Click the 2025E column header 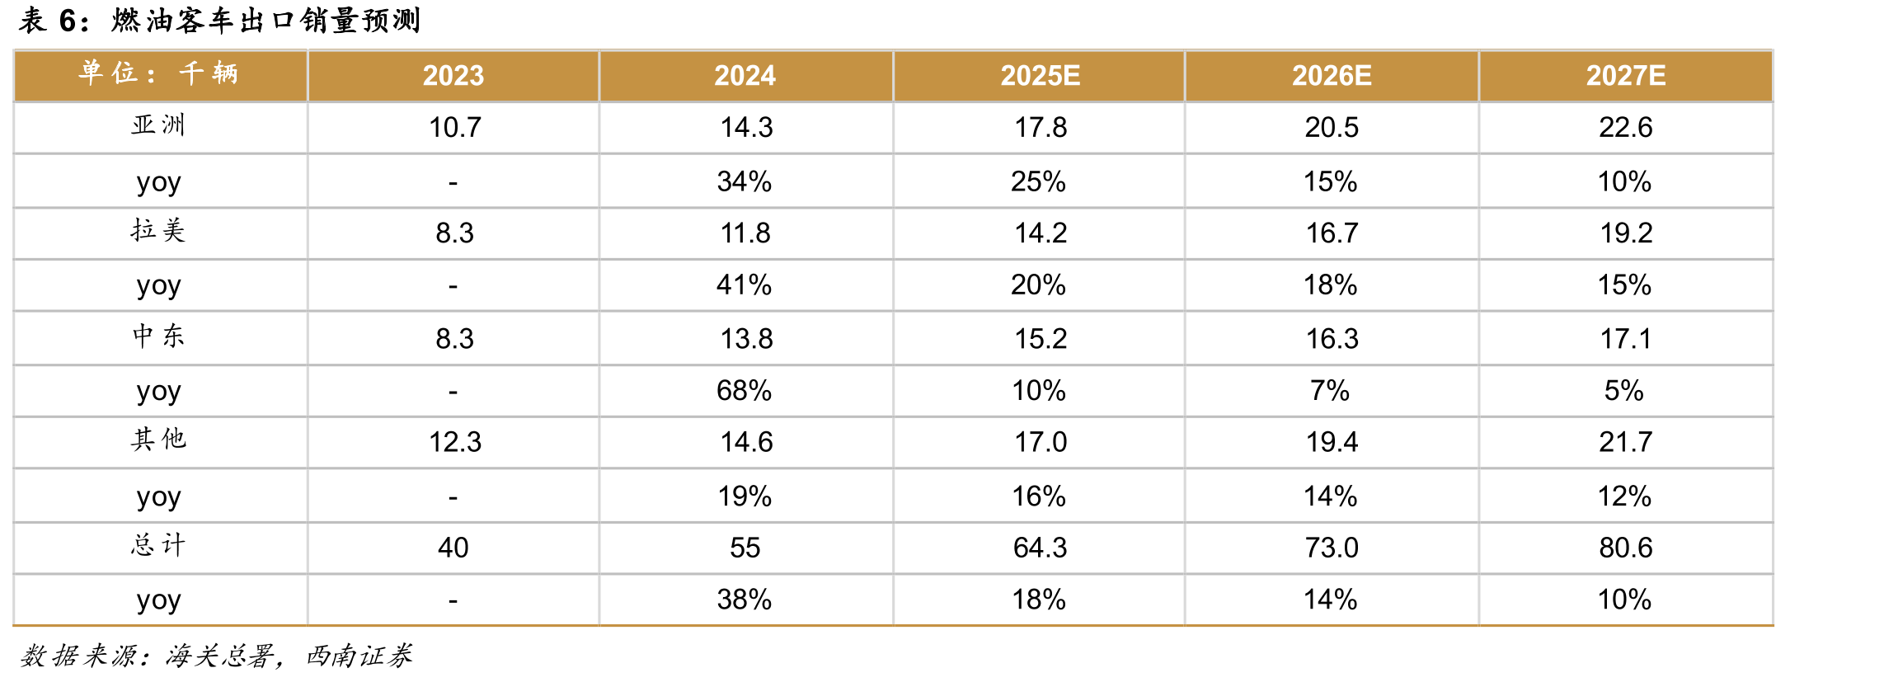pos(1040,76)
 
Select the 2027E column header pos(1625,76)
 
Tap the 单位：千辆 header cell pos(158,73)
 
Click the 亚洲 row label pos(158,125)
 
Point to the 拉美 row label pos(158,230)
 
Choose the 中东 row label pos(158,336)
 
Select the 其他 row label pos(158,440)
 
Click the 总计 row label pos(158,545)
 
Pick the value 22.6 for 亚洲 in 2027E pos(1625,127)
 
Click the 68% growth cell pos(744,390)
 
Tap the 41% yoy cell pos(744,285)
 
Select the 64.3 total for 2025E pos(1040,548)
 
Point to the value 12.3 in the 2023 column pos(454,442)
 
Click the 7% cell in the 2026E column pos(1330,390)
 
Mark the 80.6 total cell pos(1625,548)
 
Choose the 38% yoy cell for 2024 pos(744,600)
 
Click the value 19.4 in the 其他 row pos(1332,442)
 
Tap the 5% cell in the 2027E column pos(1623,390)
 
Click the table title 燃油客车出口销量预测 pos(265,20)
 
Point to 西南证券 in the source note pos(359,656)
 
